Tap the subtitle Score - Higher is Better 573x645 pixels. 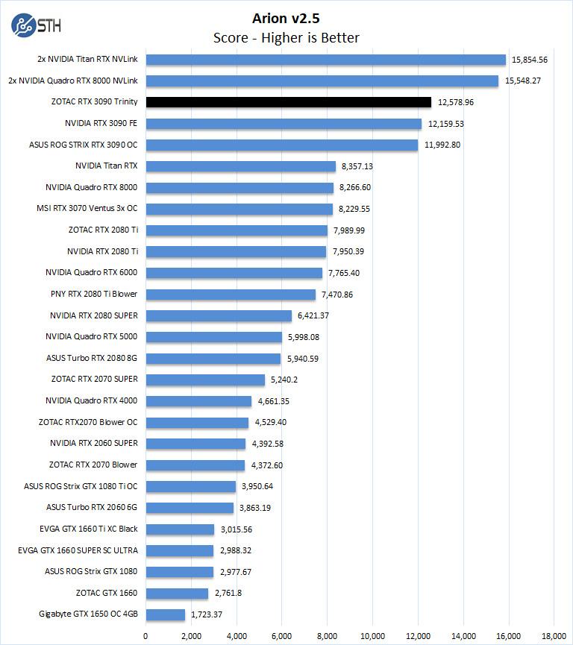pos(286,37)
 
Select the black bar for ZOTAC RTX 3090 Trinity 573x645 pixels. pos(288,102)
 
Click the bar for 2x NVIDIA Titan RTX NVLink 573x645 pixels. pos(326,60)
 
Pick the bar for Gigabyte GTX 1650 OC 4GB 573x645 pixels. pos(165,614)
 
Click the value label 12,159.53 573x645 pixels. pos(446,124)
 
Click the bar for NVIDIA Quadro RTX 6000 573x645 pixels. pos(234,273)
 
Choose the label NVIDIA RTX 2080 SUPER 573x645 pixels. pos(94,315)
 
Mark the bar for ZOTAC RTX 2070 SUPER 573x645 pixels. pos(205,380)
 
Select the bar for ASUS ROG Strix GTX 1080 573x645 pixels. pos(179,572)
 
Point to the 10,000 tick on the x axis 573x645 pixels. pos(372,635)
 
